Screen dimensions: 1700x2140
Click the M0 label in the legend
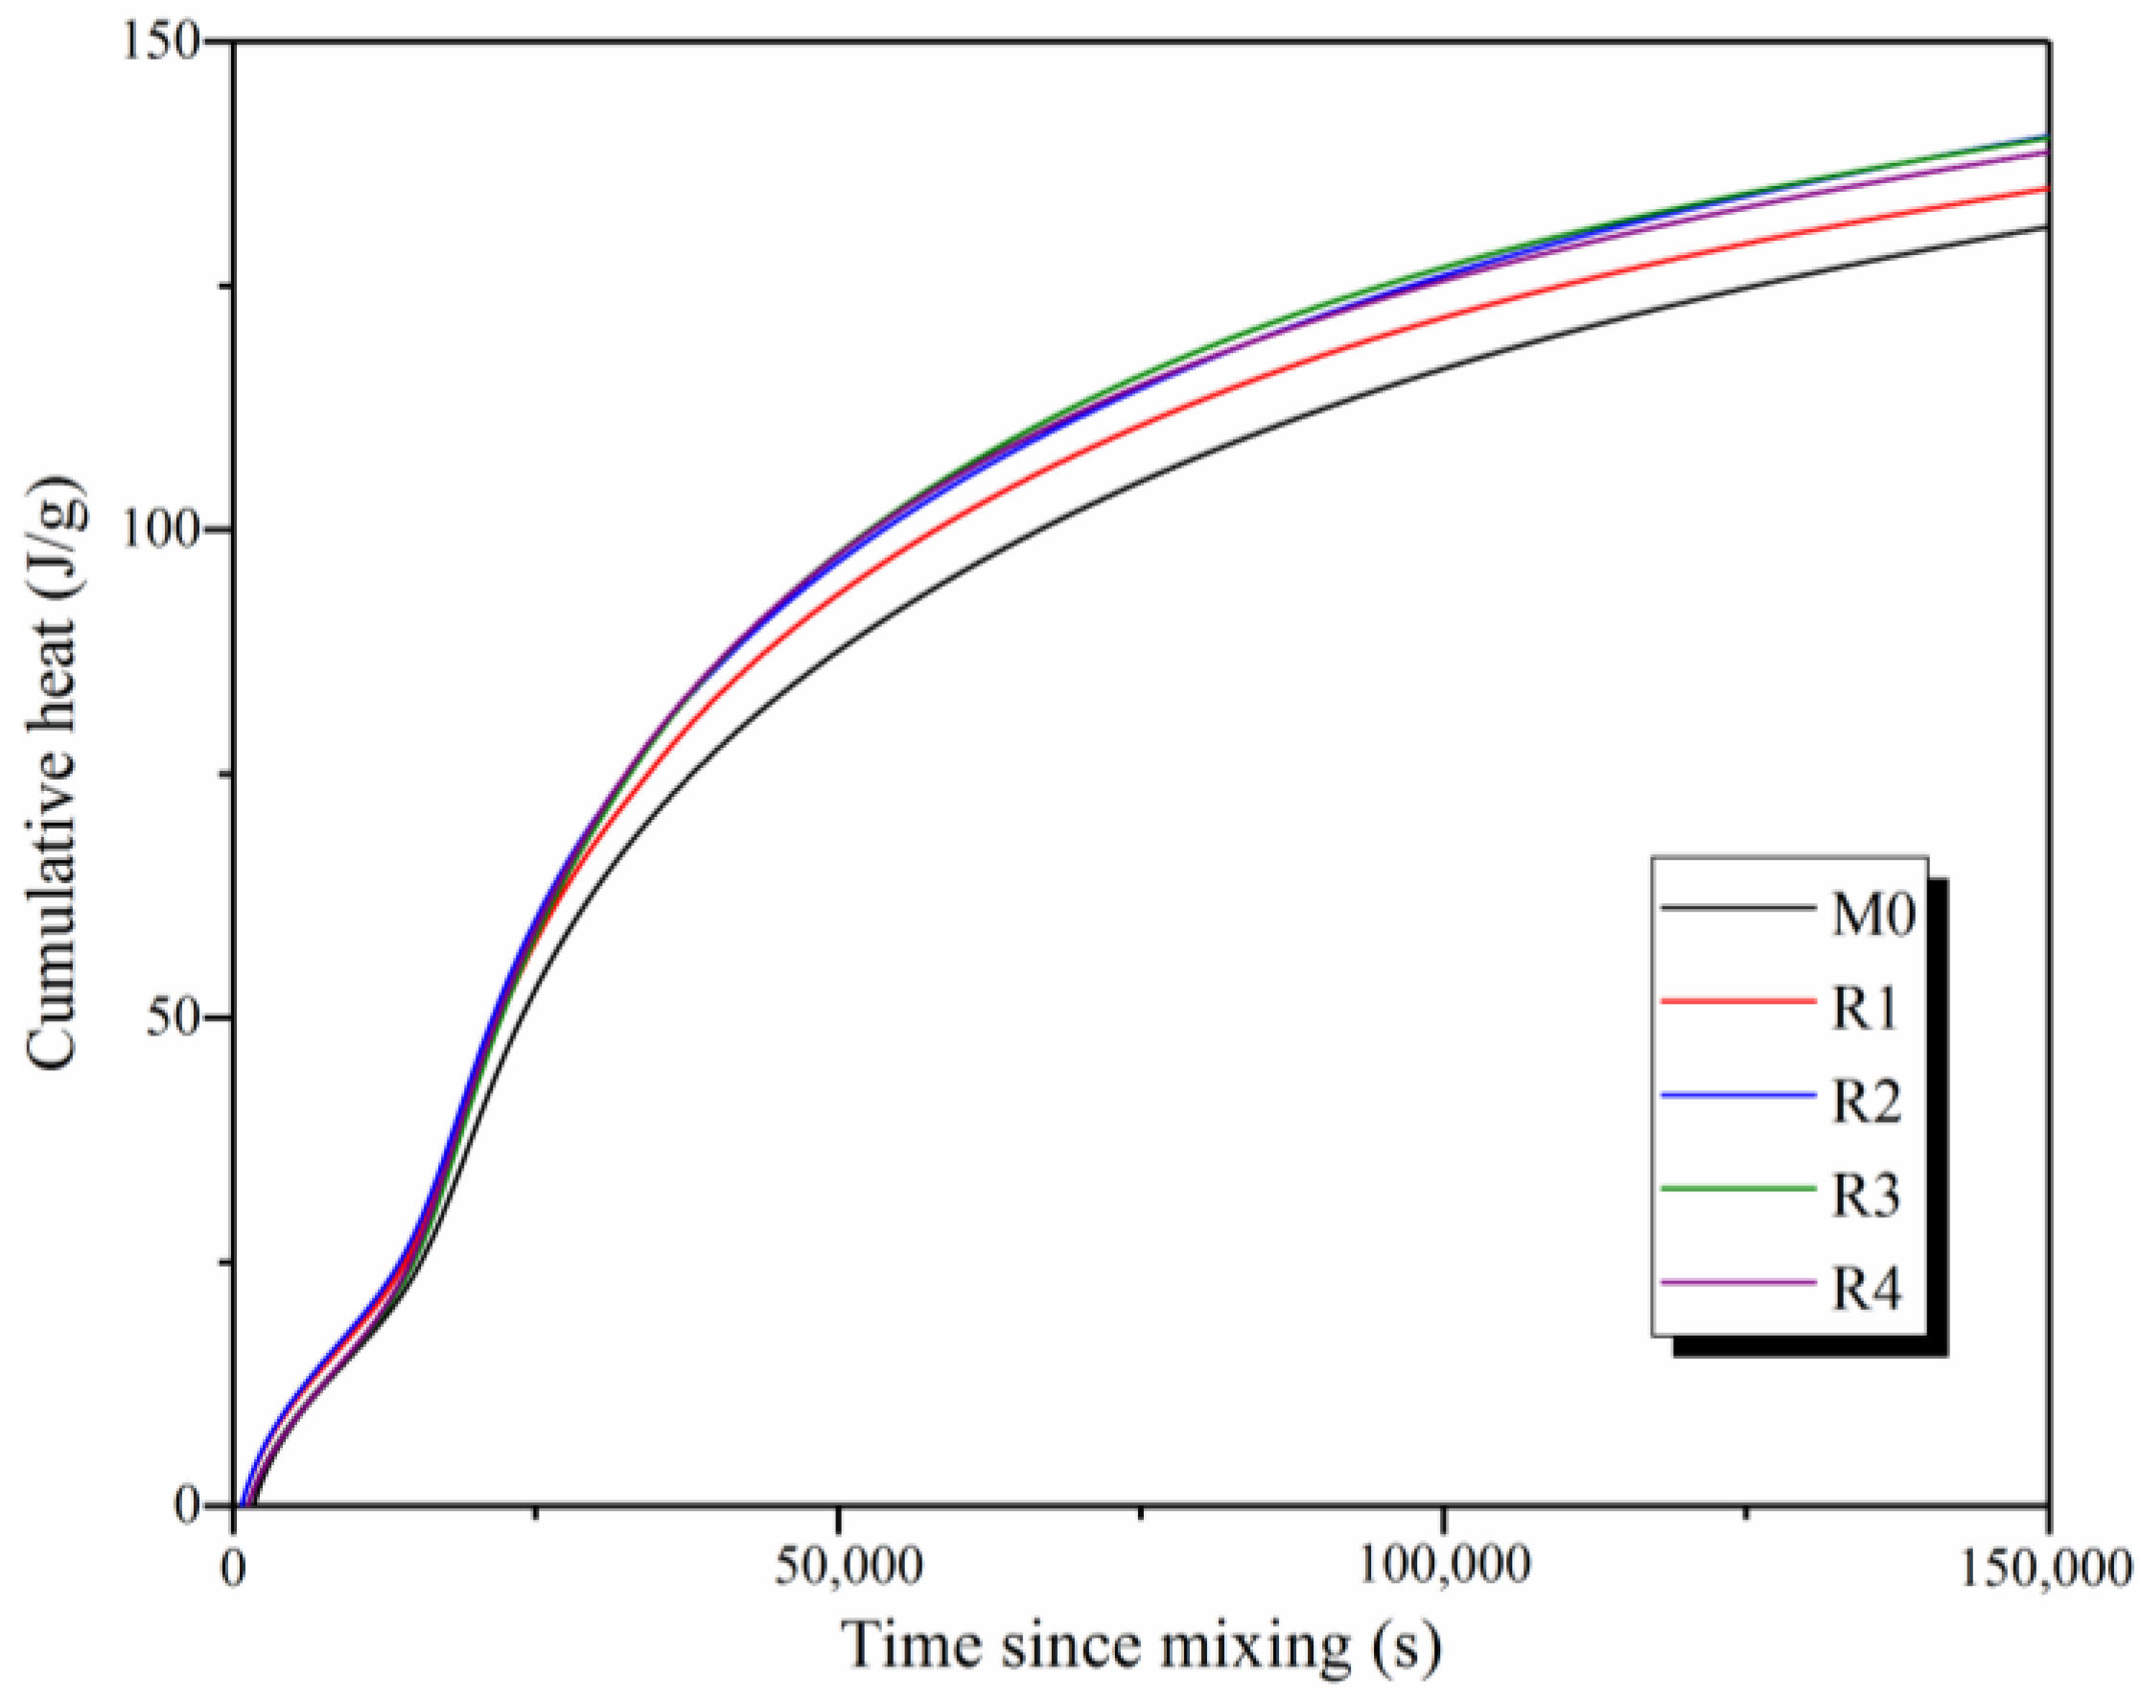tap(1872, 915)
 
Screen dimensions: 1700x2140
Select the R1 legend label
tap(1865, 1010)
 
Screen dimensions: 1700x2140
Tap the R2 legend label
tap(1866, 1103)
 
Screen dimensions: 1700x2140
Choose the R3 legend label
tap(1866, 1196)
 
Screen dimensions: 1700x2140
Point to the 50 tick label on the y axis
tap(174, 1018)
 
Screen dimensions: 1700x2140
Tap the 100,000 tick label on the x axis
tap(1441, 1567)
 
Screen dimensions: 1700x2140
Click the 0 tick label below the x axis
tap(235, 1567)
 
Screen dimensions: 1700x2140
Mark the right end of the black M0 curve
tap(2047, 227)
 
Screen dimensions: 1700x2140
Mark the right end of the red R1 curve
tap(2047, 188)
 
